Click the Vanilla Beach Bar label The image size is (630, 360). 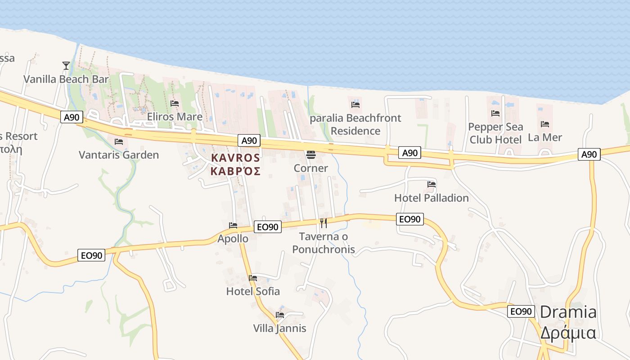[66, 79]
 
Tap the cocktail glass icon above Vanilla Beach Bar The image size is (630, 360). [66, 66]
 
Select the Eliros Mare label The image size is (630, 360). [175, 117]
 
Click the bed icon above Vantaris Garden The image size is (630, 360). [119, 141]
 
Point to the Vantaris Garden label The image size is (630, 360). [119, 155]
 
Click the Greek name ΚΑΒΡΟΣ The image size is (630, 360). [235, 171]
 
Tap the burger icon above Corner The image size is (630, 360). [310, 155]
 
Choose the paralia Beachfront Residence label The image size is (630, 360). [355, 124]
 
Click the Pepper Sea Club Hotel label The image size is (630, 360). [495, 133]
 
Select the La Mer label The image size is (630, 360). [545, 137]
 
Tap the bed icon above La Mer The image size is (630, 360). [545, 124]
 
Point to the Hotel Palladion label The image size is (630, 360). [432, 198]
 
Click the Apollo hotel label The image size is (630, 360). [233, 238]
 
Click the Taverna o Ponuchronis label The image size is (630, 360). [324, 243]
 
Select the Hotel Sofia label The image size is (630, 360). [253, 291]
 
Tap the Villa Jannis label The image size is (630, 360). [279, 328]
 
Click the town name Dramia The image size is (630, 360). [568, 312]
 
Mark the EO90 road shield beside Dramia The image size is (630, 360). [521, 311]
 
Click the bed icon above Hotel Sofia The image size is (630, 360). [253, 278]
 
